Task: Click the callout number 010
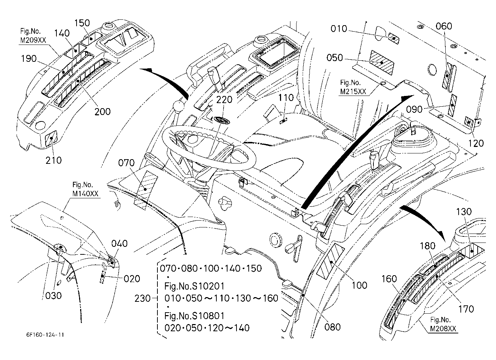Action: click(339, 29)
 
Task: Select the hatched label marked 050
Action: click(382, 63)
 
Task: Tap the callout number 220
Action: click(224, 100)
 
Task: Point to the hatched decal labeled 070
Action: click(146, 190)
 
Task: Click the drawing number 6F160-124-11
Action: click(45, 334)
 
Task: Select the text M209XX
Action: click(33, 40)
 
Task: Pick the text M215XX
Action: click(353, 92)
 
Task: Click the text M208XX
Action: click(443, 328)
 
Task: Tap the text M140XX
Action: click(85, 194)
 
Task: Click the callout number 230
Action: click(143, 299)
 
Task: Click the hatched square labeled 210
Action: click(51, 138)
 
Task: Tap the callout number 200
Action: click(102, 112)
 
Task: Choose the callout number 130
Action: click(464, 212)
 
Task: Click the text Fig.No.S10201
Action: click(194, 286)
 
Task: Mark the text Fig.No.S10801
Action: click(194, 316)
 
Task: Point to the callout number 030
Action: click(53, 296)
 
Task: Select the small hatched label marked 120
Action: click(469, 121)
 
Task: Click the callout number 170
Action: click(466, 309)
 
